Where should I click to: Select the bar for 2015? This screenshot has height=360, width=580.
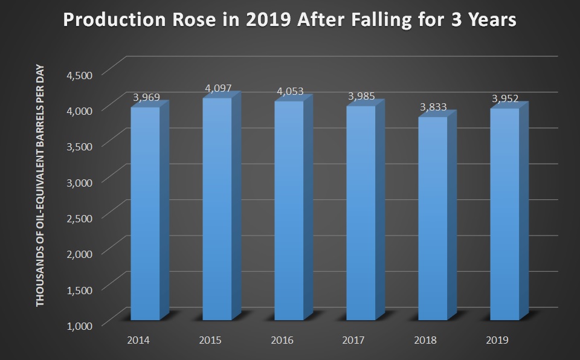(x=217, y=208)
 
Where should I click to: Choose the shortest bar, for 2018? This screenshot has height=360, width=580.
(x=433, y=218)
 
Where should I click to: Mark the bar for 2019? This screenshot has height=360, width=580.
(x=504, y=214)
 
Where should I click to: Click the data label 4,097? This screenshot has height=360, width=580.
(x=219, y=88)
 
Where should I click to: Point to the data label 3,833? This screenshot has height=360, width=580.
(x=433, y=108)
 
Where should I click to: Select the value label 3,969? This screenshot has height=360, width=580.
(x=146, y=98)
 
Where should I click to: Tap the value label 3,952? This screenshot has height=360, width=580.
(x=505, y=99)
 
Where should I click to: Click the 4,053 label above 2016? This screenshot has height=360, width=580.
(x=290, y=92)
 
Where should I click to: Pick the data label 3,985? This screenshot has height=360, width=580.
(x=361, y=96)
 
